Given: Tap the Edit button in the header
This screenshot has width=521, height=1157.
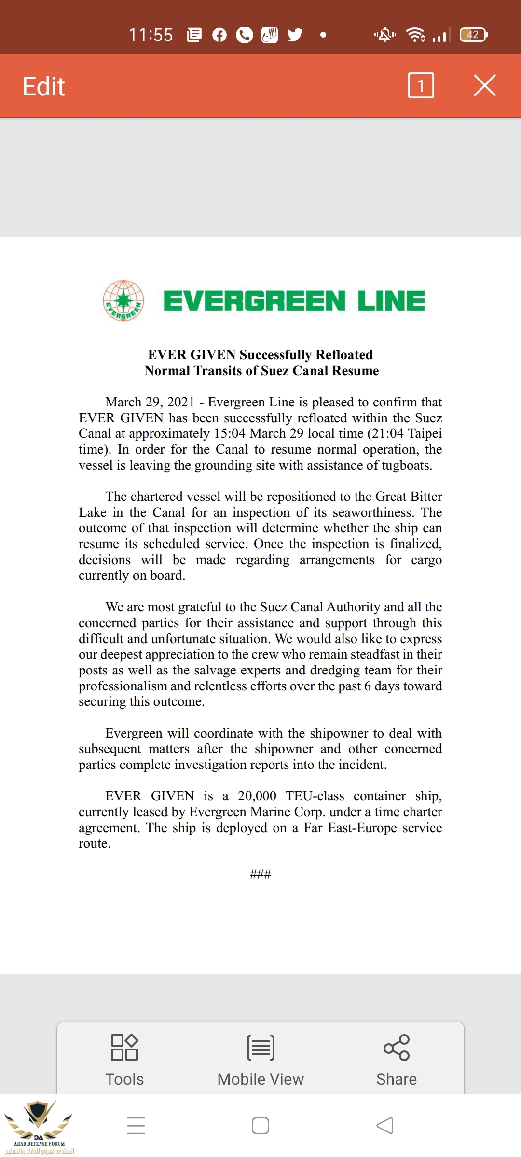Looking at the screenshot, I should [x=43, y=86].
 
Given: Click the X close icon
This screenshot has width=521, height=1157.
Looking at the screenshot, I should [x=484, y=86].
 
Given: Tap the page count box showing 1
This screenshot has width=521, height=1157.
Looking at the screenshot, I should [x=421, y=86].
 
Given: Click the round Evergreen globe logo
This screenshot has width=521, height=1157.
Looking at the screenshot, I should [x=123, y=300].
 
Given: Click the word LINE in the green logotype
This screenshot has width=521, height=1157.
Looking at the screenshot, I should [x=391, y=301].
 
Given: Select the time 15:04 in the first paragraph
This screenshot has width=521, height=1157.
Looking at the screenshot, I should [x=230, y=433].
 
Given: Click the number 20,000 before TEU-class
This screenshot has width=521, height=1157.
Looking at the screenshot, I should [x=257, y=796].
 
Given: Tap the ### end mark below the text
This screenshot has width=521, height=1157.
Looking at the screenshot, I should [x=260, y=874].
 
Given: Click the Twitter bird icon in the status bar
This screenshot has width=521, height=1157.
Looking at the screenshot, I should [x=295, y=35].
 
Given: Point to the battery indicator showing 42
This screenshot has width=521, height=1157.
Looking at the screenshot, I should [x=473, y=35].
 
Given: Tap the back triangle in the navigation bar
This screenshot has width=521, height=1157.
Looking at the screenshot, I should [x=385, y=1126].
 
